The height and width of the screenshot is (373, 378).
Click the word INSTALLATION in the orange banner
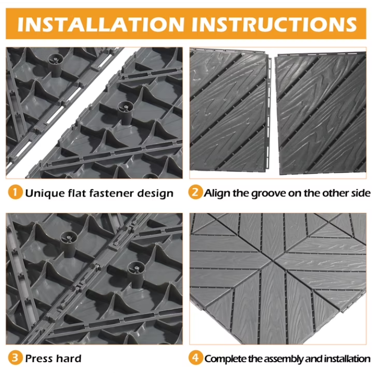click(x=99, y=23)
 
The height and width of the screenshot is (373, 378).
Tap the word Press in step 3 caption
click(x=38, y=358)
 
